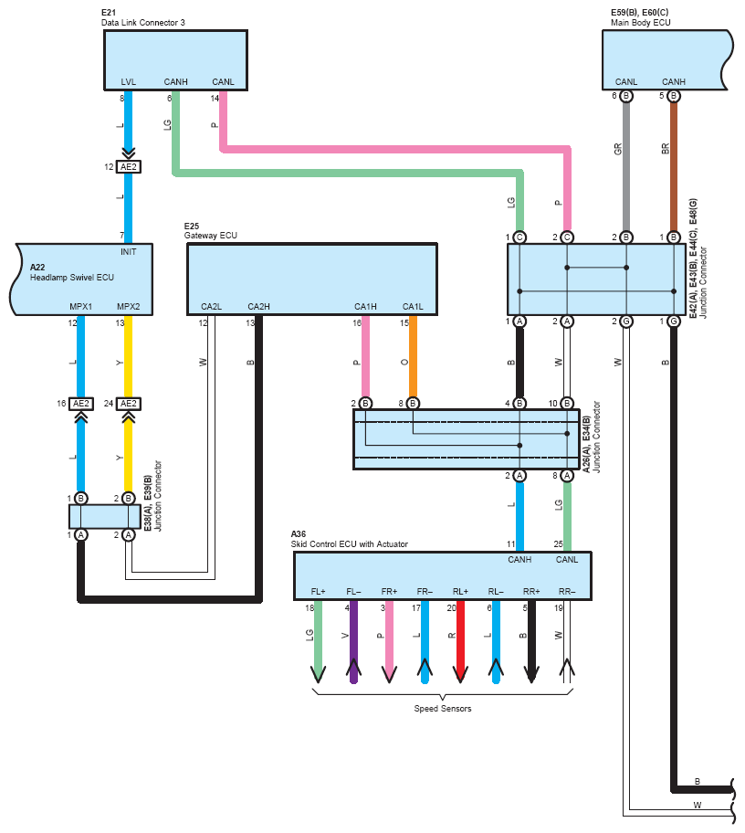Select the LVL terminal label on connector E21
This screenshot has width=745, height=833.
(x=128, y=82)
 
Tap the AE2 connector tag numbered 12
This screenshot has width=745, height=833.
(x=128, y=167)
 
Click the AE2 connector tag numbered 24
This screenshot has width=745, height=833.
(x=128, y=404)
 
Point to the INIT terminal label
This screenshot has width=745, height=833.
(x=128, y=251)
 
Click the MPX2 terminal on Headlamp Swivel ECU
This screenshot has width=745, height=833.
(x=128, y=306)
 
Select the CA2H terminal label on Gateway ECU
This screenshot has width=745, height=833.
(x=259, y=306)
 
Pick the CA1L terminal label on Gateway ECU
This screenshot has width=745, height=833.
(x=413, y=306)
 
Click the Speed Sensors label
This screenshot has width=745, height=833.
(x=442, y=709)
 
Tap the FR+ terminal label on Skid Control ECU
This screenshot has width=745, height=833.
(x=389, y=591)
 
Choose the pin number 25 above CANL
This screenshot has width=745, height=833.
(x=557, y=545)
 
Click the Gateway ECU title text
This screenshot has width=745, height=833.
(x=211, y=235)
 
